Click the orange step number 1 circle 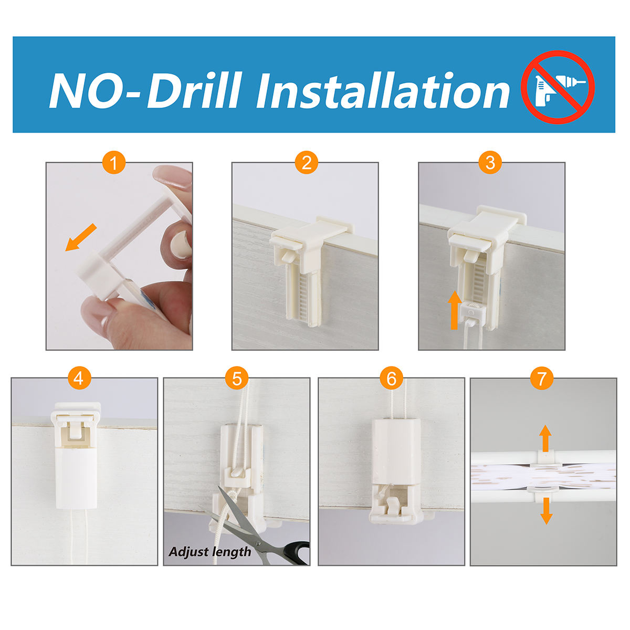pos(114,162)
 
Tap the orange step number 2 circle pos(306,162)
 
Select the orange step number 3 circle pos(490,162)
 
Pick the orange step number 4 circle pos(79,378)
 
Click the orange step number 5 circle pos(237,378)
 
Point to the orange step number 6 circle pos(391,378)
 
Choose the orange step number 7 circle pos(542,378)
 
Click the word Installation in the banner pos(383,90)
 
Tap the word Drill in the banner pos(194,90)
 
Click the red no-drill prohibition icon pos(558,87)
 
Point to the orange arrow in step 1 pos(81,238)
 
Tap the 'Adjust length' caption pos(210,552)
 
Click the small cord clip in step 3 pos(471,312)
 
